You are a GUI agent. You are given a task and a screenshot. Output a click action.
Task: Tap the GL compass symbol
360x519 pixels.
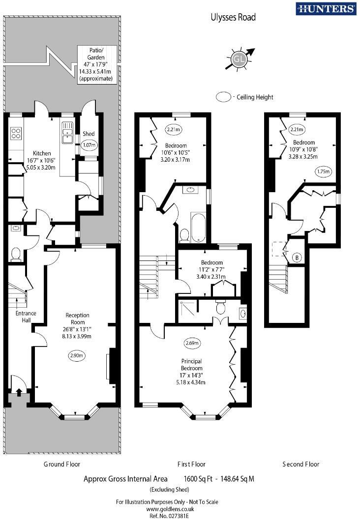[x=239, y=59]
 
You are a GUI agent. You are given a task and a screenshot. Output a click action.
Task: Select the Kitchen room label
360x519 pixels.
[x=42, y=153]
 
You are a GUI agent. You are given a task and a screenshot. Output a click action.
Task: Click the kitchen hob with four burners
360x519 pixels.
[x=16, y=133]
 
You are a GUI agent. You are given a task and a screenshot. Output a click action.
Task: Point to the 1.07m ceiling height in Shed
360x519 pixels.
[x=89, y=145]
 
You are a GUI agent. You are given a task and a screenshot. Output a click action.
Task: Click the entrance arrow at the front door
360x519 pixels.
[x=19, y=392]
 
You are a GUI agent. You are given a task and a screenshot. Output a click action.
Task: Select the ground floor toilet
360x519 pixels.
[x=16, y=254]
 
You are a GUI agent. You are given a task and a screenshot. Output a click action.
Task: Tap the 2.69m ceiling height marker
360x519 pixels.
[x=193, y=343]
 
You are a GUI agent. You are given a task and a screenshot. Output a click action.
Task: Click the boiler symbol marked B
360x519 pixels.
[x=297, y=257]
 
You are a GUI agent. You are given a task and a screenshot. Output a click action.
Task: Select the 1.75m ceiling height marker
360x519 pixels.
[x=322, y=172]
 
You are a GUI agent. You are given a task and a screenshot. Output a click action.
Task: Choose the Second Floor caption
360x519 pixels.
[x=300, y=464]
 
